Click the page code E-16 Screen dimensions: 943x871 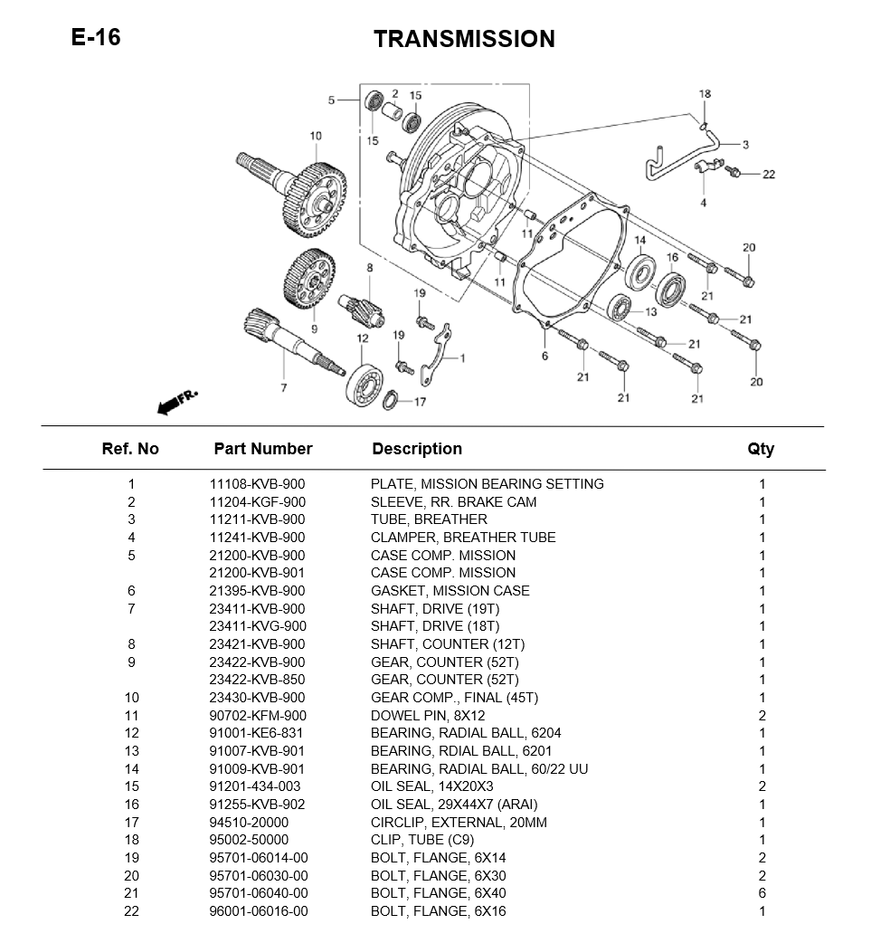click(x=95, y=37)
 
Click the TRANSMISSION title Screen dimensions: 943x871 click(x=464, y=39)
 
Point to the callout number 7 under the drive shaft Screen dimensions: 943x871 click(x=283, y=387)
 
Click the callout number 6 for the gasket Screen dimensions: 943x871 click(x=544, y=356)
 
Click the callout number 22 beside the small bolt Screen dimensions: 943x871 click(x=768, y=175)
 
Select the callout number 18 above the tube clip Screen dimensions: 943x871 click(x=705, y=94)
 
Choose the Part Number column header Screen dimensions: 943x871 click(x=262, y=449)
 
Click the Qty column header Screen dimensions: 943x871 click(x=761, y=449)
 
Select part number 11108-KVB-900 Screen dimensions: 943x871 click(x=257, y=484)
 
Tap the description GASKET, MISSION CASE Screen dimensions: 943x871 click(x=450, y=591)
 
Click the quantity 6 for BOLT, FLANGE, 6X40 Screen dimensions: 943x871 click(x=762, y=893)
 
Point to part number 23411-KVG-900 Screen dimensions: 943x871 click(x=257, y=626)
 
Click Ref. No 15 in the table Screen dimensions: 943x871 click(x=131, y=786)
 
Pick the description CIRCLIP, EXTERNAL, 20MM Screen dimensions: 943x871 click(x=459, y=823)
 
